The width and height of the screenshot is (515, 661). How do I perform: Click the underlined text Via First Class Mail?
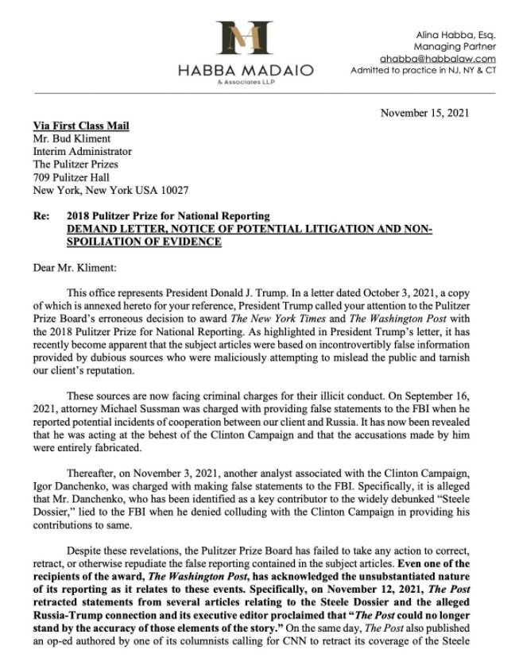(81, 126)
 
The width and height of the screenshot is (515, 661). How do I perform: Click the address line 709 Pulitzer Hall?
(71, 177)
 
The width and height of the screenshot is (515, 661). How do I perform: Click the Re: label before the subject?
(41, 216)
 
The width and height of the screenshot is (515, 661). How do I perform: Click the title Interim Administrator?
(83, 151)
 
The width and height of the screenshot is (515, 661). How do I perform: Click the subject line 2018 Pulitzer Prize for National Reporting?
(168, 216)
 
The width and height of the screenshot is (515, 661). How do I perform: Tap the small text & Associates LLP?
(246, 82)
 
